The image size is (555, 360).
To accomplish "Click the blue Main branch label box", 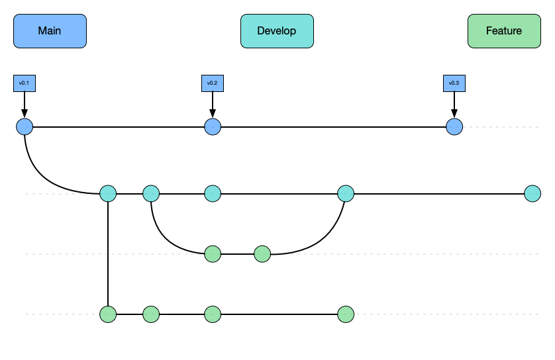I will (x=50, y=31).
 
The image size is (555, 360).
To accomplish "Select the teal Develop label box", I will (x=277, y=31).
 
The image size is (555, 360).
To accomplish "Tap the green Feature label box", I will (x=504, y=31).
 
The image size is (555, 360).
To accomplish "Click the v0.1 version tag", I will (x=24, y=83).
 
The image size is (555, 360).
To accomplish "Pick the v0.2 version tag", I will (x=212, y=83).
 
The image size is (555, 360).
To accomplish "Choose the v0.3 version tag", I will (x=454, y=83).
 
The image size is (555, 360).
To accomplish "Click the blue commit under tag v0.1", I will (x=25, y=126).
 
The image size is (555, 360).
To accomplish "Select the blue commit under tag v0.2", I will (x=212, y=126).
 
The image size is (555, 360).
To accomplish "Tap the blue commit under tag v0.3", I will (x=454, y=126).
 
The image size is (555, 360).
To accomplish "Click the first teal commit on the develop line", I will (x=108, y=194).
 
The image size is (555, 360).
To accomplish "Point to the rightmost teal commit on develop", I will (x=532, y=194).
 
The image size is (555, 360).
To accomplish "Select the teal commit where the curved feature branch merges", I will (x=346, y=194).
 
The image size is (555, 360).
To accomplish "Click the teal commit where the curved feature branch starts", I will (x=151, y=194).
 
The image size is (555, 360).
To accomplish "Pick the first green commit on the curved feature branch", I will (x=212, y=253).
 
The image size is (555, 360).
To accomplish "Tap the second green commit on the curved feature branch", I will (x=262, y=253).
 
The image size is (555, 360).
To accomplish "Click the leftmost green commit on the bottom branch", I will (x=108, y=314).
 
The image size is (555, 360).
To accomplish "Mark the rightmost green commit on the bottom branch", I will (x=346, y=314).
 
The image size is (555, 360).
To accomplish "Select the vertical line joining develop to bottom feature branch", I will (x=108, y=255).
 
